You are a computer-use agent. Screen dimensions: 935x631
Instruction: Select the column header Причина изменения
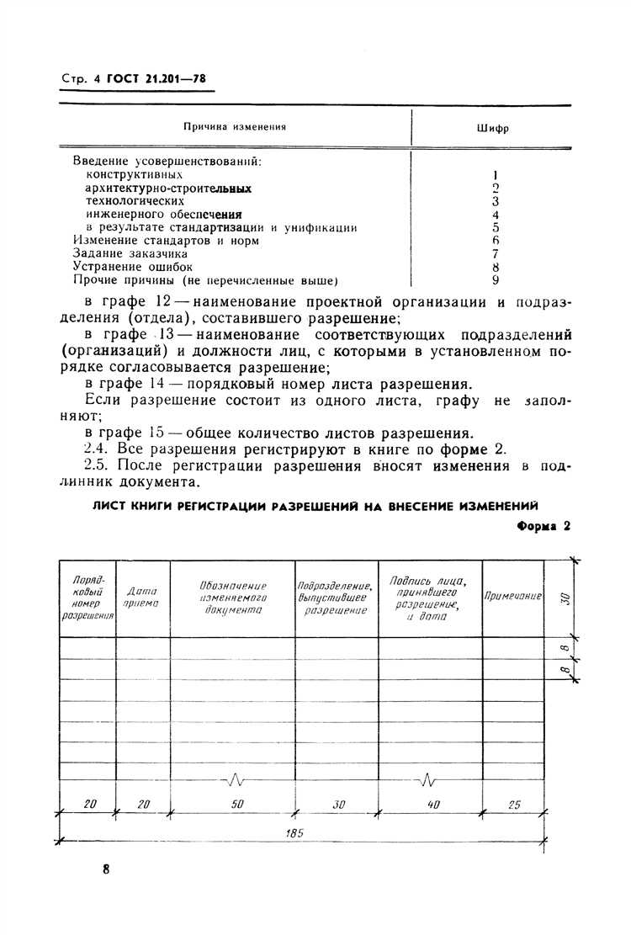[x=235, y=127]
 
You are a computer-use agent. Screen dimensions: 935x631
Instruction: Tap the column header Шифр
[x=496, y=130]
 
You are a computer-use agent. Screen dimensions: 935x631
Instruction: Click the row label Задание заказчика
[x=130, y=253]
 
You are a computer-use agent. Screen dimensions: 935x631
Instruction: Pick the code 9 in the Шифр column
[x=496, y=279]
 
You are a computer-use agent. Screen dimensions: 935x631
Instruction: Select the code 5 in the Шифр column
[x=496, y=227]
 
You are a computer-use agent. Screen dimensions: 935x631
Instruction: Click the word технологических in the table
[x=135, y=201]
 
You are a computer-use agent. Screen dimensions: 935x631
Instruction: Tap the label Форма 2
[x=542, y=526]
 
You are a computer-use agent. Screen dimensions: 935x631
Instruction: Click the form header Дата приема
[x=143, y=598]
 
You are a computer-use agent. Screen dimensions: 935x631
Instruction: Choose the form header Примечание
[x=512, y=596]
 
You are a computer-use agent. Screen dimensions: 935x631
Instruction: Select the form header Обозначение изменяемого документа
[x=233, y=598]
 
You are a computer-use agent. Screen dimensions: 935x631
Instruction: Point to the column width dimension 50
[x=236, y=805]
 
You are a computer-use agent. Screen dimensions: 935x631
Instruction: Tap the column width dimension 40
[x=433, y=805]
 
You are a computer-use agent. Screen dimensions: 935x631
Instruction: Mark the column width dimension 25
[x=513, y=805]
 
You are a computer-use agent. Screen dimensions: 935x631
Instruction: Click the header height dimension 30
[x=565, y=598]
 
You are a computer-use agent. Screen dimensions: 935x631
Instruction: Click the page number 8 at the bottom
[x=106, y=870]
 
